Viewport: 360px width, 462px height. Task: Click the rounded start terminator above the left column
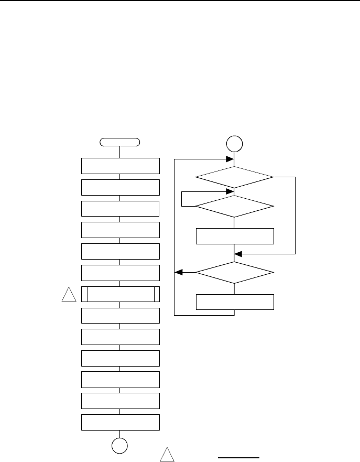(120, 142)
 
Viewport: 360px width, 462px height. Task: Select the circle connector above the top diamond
(234, 143)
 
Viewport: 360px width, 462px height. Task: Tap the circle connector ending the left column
(120, 445)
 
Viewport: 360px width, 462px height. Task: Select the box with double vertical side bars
(120, 295)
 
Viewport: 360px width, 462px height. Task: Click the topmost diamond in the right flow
(234, 178)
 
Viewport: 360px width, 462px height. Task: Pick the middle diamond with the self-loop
(234, 206)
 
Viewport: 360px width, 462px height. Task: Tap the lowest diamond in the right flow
(234, 273)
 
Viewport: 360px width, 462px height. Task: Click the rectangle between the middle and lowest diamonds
(234, 236)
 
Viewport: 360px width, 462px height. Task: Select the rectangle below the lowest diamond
(234, 303)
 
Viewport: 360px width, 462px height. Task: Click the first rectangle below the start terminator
(120, 166)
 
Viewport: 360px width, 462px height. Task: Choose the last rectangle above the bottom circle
(120, 423)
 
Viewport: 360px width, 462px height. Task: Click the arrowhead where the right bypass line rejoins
(238, 253)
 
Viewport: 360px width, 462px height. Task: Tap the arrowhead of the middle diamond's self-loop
(230, 191)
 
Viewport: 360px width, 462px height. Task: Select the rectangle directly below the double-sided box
(120, 316)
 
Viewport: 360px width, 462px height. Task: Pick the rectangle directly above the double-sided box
(120, 273)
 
